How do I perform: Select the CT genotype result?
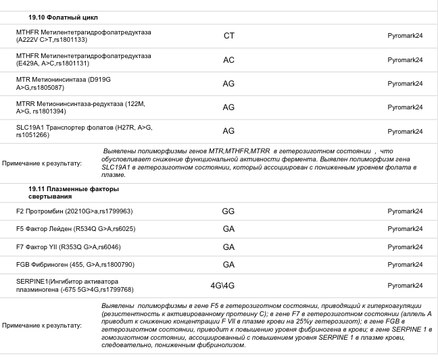pyautogui.click(x=228, y=36)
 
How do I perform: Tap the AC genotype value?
pyautogui.click(x=228, y=59)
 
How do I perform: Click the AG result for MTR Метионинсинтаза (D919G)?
pyautogui.click(x=228, y=83)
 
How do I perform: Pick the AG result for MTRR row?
pyautogui.click(x=228, y=107)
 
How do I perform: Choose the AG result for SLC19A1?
pyautogui.click(x=228, y=130)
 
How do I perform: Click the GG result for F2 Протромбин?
pyautogui.click(x=228, y=211)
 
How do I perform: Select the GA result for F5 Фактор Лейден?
pyautogui.click(x=228, y=228)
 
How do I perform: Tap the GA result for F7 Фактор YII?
pyautogui.click(x=228, y=247)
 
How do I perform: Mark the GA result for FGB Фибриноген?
pyautogui.click(x=228, y=264)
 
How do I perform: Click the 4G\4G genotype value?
pyautogui.click(x=222, y=285)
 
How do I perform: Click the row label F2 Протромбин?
pyautogui.click(x=74, y=211)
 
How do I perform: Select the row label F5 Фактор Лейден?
pyautogui.click(x=76, y=229)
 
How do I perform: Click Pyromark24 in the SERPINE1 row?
pyautogui.click(x=405, y=285)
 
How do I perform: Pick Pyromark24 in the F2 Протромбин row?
pyautogui.click(x=405, y=211)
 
